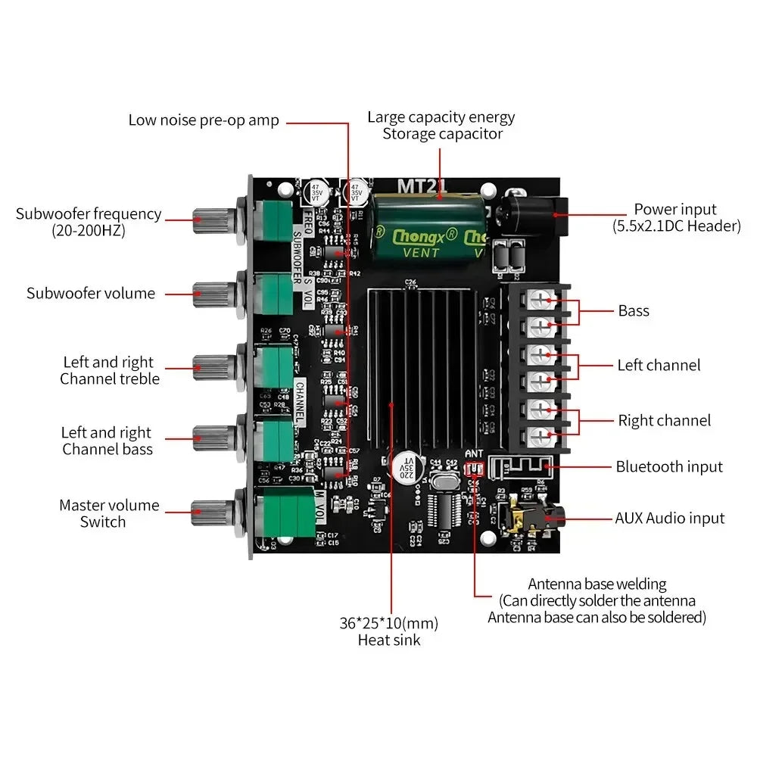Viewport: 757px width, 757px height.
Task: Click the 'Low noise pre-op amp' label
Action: point(204,120)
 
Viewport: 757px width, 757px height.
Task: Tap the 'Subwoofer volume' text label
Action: point(90,293)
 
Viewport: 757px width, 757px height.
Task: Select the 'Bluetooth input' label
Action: point(668,467)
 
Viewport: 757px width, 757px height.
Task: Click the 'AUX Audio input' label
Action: point(669,519)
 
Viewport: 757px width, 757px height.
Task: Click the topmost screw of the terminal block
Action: point(540,300)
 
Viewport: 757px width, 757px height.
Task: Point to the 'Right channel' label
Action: point(664,420)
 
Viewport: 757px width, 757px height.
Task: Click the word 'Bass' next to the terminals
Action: point(634,310)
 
